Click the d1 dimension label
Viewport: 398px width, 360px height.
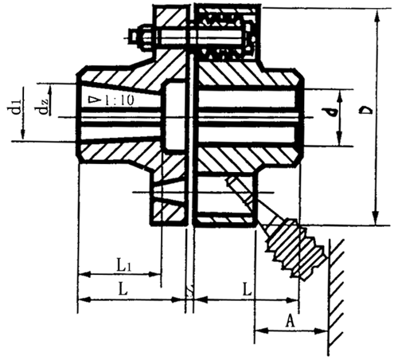tap(16, 109)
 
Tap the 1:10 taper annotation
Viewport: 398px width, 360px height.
tap(115, 100)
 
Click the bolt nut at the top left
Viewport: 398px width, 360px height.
tap(133, 36)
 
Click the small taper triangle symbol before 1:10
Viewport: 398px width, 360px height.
tap(95, 100)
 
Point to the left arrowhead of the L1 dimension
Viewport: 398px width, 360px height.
tap(81, 275)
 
